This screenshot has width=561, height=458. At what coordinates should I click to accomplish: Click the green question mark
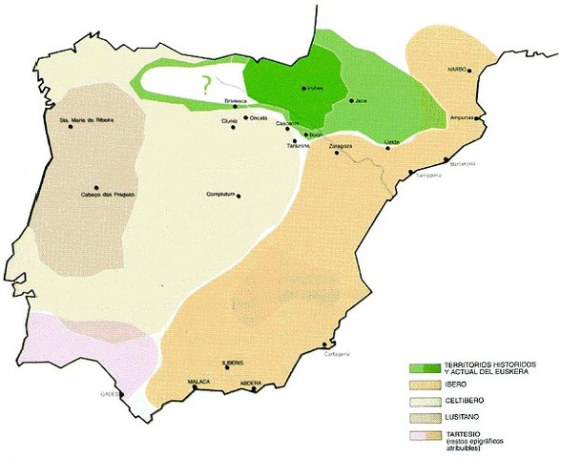pos(203,84)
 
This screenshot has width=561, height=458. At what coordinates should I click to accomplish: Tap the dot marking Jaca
pos(352,99)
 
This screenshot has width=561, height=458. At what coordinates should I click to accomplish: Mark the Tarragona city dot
pos(410,172)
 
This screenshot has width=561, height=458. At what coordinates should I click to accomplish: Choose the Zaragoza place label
pos(341,146)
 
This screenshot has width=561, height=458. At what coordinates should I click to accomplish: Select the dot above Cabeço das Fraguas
pos(95,188)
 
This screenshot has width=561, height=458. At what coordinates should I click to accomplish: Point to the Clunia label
pos(229,121)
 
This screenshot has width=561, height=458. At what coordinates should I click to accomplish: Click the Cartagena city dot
pos(327,346)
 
